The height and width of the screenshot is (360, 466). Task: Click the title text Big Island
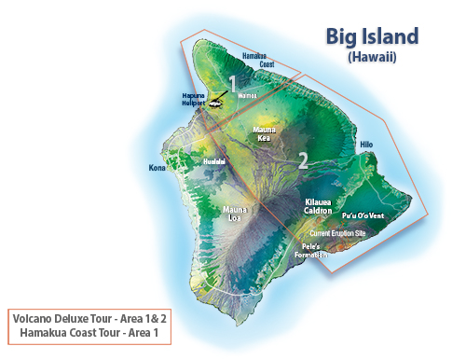[372, 37]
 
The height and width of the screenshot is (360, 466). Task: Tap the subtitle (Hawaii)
[372, 57]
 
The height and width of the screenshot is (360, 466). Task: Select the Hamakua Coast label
[259, 60]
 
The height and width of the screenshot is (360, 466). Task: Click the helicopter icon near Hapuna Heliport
[216, 104]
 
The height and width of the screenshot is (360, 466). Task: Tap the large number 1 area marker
[232, 85]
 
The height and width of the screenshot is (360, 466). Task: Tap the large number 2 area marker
[303, 159]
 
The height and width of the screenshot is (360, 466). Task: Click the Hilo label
[365, 145]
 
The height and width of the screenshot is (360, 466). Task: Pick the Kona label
[157, 169]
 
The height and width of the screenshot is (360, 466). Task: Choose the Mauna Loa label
[235, 215]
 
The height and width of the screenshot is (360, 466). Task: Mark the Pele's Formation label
[312, 250]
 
